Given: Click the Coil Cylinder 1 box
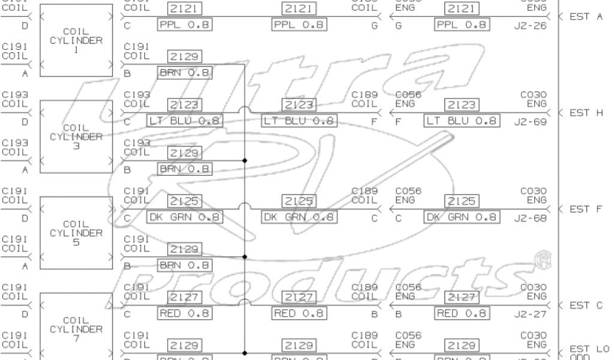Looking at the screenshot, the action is (x=76, y=40).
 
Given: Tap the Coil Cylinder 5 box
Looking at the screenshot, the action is (x=76, y=232).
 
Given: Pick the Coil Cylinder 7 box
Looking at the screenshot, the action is (x=76, y=327).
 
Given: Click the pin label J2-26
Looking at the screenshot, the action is (x=530, y=26).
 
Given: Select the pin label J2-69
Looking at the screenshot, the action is (x=530, y=122).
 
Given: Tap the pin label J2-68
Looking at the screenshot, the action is (x=530, y=218).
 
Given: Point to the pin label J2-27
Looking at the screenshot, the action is (x=530, y=314).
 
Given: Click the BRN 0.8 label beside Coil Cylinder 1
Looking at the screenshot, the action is (x=185, y=73).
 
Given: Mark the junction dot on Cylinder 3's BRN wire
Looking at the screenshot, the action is (x=245, y=161).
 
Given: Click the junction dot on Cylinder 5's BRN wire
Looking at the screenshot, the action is (x=245, y=257).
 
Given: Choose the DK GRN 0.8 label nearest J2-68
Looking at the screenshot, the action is (x=460, y=217).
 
